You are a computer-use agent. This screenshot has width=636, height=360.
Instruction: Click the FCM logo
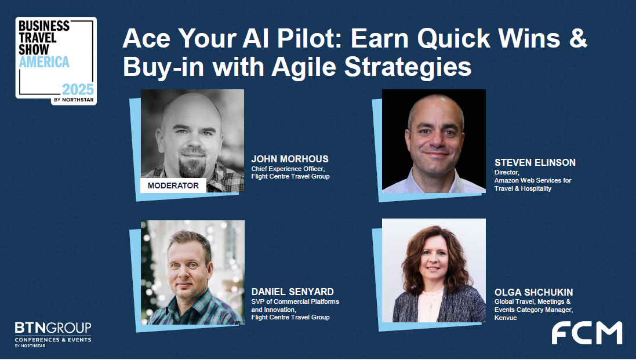tap(587, 333)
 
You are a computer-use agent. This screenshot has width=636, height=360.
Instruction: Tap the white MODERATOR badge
tap(173, 186)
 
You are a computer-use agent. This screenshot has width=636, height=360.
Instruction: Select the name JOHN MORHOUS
tap(290, 159)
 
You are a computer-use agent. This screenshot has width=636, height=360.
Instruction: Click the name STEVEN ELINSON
tap(535, 162)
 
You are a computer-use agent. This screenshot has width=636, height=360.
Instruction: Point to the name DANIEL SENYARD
tap(292, 292)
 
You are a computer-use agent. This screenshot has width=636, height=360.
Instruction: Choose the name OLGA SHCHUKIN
tap(534, 292)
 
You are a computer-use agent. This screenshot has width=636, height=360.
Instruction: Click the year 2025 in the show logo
tap(78, 89)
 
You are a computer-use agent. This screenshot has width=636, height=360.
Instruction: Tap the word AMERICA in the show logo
tap(44, 62)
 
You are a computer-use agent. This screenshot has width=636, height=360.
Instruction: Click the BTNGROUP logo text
tap(53, 328)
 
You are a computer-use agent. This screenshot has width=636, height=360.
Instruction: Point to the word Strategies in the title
tap(408, 67)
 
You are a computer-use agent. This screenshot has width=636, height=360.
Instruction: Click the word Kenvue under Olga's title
tap(506, 318)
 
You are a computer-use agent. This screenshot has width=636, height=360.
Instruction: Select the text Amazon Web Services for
tap(533, 180)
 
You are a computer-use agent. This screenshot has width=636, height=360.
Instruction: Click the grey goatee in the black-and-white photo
tap(192, 165)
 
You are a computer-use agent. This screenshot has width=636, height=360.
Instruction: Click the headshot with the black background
tap(434, 141)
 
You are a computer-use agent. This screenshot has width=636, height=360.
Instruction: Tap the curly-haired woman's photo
tap(434, 270)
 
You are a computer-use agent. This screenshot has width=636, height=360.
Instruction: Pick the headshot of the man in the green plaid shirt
tap(192, 272)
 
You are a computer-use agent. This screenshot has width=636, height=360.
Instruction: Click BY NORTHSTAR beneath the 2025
tap(74, 100)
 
